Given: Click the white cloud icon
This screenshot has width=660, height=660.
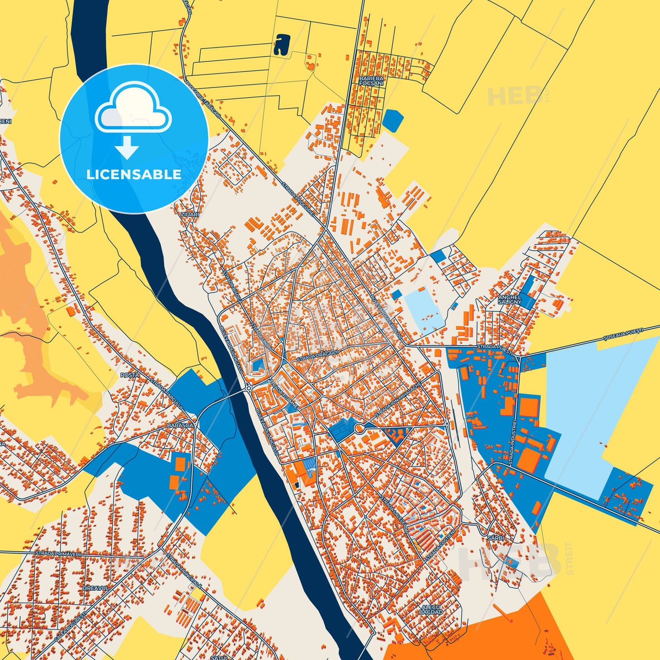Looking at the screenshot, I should coord(133,109).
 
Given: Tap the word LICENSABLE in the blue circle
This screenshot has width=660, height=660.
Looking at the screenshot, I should coord(134,174).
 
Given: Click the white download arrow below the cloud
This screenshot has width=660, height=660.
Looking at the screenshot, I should coord(127,147).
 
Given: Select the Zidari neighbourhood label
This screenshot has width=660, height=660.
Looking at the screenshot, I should coord(190,214).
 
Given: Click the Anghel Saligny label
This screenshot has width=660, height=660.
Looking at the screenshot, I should coord(509,300).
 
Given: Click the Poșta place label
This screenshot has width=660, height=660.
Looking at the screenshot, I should coord(129,375).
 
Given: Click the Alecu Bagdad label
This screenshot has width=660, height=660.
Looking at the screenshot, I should coord(431,609).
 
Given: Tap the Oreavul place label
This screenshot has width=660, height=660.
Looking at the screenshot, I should coord(96,588).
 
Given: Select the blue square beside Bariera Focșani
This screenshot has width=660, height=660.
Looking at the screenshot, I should coord(393,121).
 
